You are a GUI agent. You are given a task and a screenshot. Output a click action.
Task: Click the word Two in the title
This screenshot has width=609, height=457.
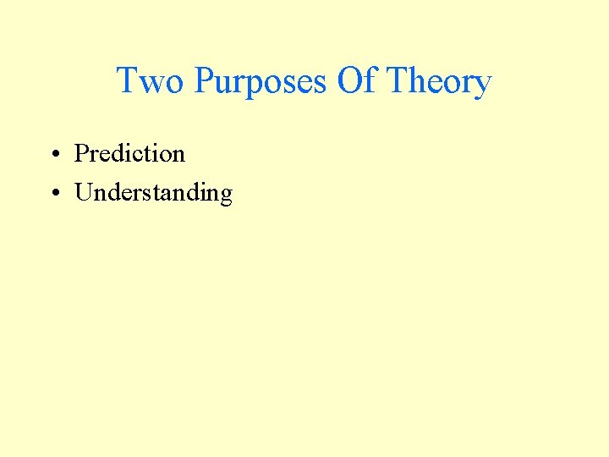click(x=150, y=82)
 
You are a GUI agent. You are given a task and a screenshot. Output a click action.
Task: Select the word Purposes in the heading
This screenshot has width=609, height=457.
click(x=261, y=82)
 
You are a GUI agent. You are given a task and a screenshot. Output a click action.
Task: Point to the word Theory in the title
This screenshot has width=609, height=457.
click(x=438, y=82)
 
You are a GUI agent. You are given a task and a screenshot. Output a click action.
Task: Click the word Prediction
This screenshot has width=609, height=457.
click(x=129, y=153)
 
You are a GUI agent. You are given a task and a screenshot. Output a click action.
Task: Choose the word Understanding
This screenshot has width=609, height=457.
click(x=153, y=193)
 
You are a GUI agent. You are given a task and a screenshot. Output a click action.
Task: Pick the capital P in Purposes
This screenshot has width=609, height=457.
click(x=205, y=82)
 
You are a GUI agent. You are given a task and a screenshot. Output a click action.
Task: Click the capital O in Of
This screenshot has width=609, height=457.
click(x=349, y=82)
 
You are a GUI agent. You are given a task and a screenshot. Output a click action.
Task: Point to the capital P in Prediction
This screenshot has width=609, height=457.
click(x=82, y=153)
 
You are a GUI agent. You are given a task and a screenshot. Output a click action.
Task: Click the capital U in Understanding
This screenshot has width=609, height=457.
click(x=84, y=193)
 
